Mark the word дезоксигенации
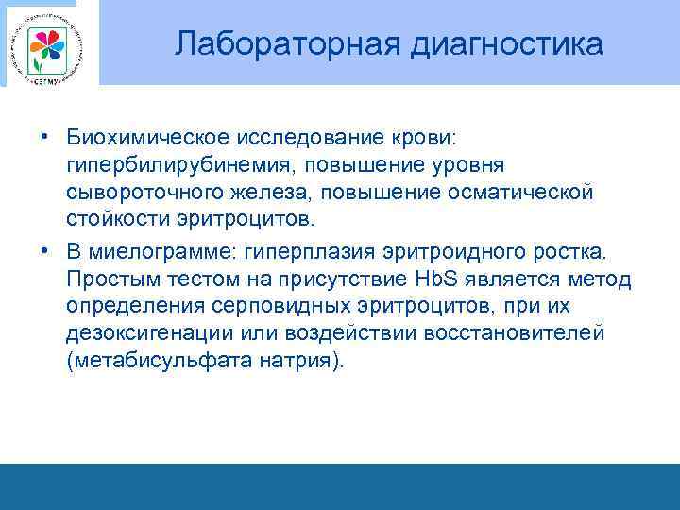(x=141, y=335)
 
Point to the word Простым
(x=107, y=280)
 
